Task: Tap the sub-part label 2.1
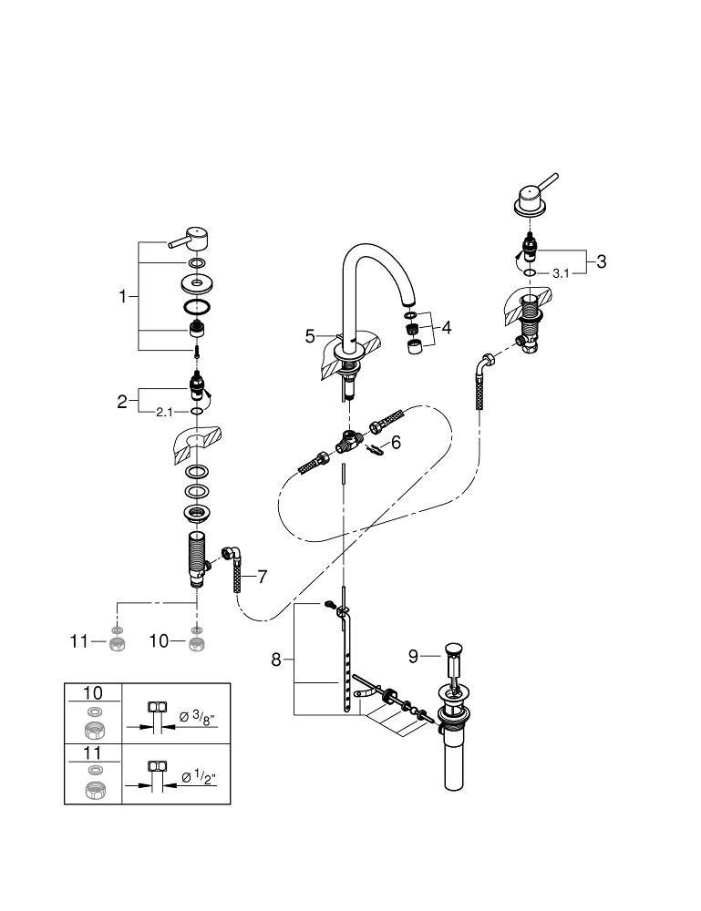click(x=164, y=412)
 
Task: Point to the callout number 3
click(x=601, y=261)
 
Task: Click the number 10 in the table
click(x=93, y=694)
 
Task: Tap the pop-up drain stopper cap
click(x=453, y=650)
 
